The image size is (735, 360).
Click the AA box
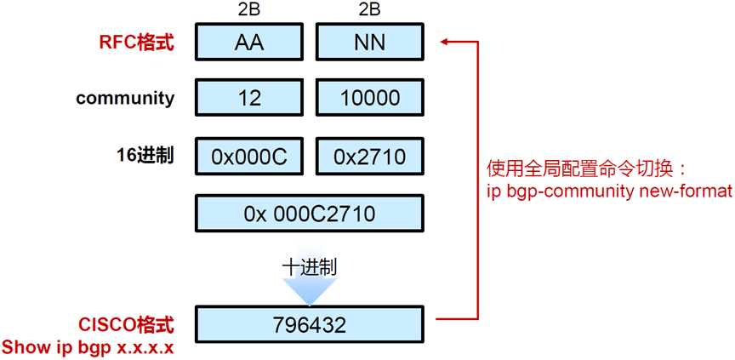(x=250, y=42)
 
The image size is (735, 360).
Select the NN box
(x=369, y=42)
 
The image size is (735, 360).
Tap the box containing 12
(x=250, y=98)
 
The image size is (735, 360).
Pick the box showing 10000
(x=369, y=98)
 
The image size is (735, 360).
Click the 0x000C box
(x=250, y=157)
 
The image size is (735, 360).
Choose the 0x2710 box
(x=369, y=157)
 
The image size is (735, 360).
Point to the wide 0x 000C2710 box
(x=309, y=213)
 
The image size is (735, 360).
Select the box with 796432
(x=309, y=324)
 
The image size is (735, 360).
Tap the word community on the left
(x=125, y=98)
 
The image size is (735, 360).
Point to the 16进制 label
(x=145, y=155)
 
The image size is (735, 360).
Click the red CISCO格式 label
(x=126, y=324)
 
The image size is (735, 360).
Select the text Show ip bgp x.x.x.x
(x=88, y=347)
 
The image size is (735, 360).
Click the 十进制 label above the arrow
(x=309, y=266)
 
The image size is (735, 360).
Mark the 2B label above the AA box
(x=250, y=11)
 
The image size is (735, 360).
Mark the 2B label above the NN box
(x=369, y=11)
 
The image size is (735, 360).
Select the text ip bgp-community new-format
(x=609, y=191)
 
